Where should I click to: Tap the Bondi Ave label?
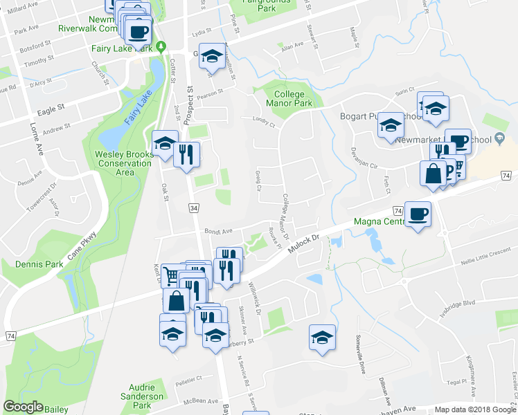pyautogui.click(x=217, y=232)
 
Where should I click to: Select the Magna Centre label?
pyautogui.click(x=379, y=221)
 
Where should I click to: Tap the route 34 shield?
pyautogui.click(x=193, y=208)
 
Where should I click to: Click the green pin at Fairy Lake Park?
pyautogui.click(x=161, y=48)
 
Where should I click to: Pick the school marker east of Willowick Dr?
pyautogui.click(x=322, y=337)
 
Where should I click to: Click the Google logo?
pyautogui.click(x=23, y=407)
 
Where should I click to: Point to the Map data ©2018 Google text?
pyautogui.click(x=470, y=409)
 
